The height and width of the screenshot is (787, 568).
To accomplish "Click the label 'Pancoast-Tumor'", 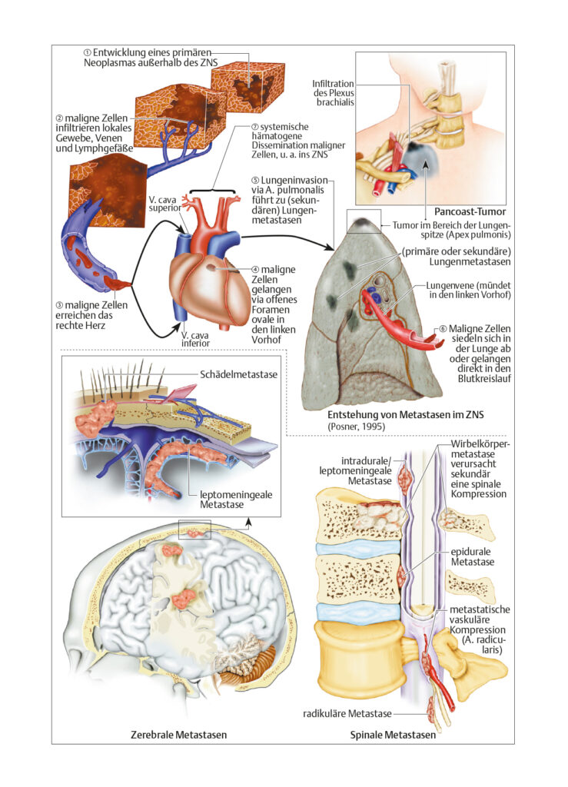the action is click(470, 211).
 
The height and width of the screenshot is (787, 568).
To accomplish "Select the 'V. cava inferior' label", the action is click(196, 339).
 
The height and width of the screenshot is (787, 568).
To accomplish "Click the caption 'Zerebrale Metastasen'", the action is click(178, 735).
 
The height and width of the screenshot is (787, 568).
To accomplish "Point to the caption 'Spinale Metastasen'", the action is click(393, 735).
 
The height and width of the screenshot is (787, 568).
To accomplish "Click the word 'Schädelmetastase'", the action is click(238, 374).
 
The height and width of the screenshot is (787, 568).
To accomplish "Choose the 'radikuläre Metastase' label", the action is click(347, 713).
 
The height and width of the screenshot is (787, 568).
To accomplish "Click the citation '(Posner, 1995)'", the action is click(357, 427).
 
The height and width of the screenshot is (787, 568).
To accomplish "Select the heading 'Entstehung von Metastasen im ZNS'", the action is click(405, 415).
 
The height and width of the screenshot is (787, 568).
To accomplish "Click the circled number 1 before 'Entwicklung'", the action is click(88, 52).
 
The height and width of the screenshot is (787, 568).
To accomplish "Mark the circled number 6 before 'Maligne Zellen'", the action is click(443, 328).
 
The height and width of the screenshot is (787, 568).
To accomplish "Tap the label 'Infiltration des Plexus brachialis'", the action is click(333, 93).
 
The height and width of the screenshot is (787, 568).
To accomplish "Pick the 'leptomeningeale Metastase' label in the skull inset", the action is click(236, 500).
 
